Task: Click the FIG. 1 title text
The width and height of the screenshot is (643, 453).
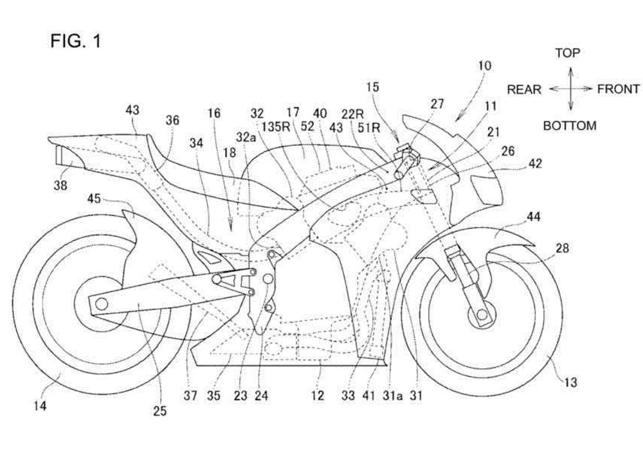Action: (x=76, y=42)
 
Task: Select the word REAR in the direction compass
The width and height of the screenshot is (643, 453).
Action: (x=524, y=89)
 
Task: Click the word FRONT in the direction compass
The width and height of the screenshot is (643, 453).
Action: (x=618, y=89)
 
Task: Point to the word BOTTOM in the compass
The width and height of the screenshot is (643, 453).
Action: (x=570, y=126)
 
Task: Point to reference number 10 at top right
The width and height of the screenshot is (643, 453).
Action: (x=485, y=66)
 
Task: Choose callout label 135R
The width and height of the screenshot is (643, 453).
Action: (x=278, y=127)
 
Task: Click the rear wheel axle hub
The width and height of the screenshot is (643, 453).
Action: (x=89, y=302)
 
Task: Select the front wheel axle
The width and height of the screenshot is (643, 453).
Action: (x=480, y=315)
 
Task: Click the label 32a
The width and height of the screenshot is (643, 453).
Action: (x=246, y=137)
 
